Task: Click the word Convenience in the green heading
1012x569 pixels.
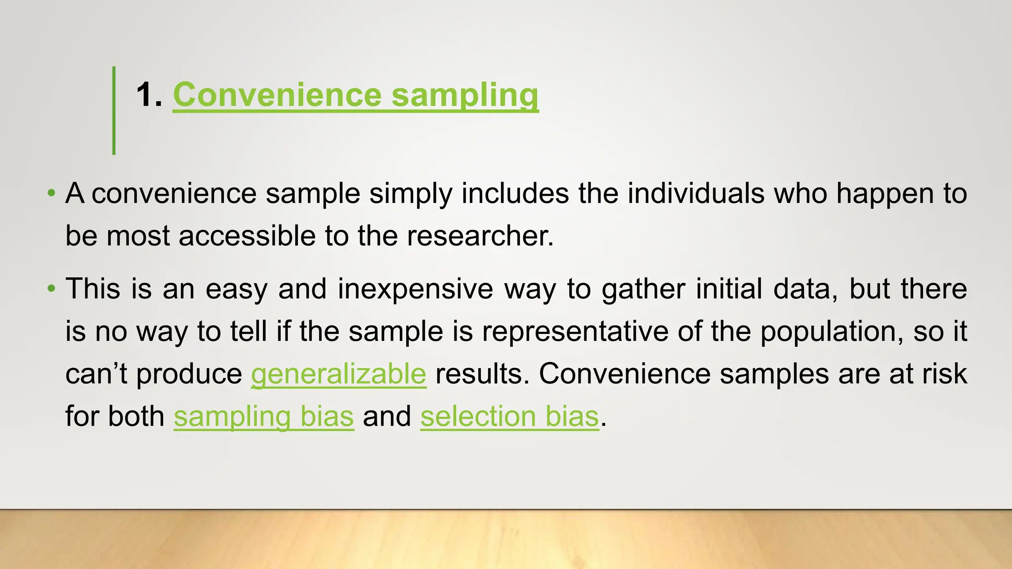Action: (277, 95)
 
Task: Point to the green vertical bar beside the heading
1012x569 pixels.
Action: (114, 111)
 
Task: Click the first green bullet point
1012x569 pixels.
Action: (51, 193)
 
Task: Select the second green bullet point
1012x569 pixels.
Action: (51, 288)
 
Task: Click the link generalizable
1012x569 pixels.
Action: (338, 374)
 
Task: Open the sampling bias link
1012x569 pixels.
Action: (263, 416)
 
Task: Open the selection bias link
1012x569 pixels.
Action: (509, 416)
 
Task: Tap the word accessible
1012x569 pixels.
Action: (247, 236)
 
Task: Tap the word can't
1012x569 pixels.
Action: (96, 374)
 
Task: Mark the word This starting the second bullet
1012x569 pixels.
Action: (93, 288)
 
